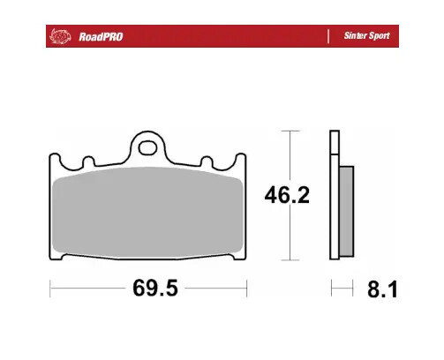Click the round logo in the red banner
click(60, 36)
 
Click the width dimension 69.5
click(147, 289)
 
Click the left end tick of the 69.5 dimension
click(49, 289)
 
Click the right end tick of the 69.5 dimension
click(247, 289)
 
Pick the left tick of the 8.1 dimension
click(331, 289)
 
